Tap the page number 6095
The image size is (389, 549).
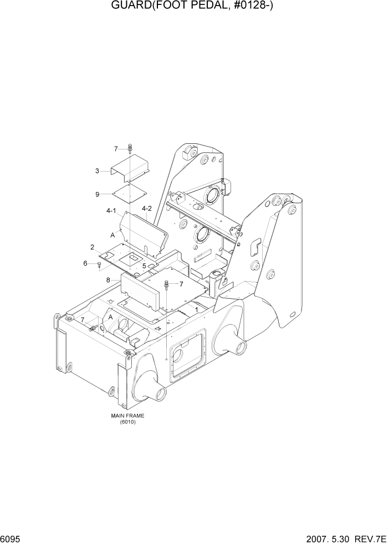click(13, 539)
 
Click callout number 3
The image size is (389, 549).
click(97, 171)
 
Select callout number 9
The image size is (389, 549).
click(97, 194)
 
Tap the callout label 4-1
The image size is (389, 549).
click(111, 211)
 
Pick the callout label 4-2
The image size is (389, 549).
click(147, 209)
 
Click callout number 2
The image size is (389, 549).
click(92, 247)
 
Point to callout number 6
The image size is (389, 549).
click(85, 263)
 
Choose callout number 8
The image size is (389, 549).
click(108, 281)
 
